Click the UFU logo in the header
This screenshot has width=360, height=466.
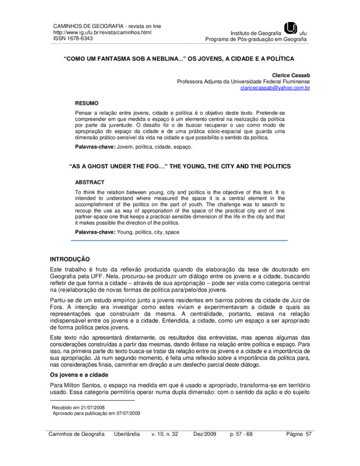click(290, 28)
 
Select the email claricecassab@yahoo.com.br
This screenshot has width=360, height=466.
click(276, 88)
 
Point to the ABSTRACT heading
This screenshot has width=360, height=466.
click(90, 182)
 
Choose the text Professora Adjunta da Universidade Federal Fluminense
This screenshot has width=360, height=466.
click(244, 82)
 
